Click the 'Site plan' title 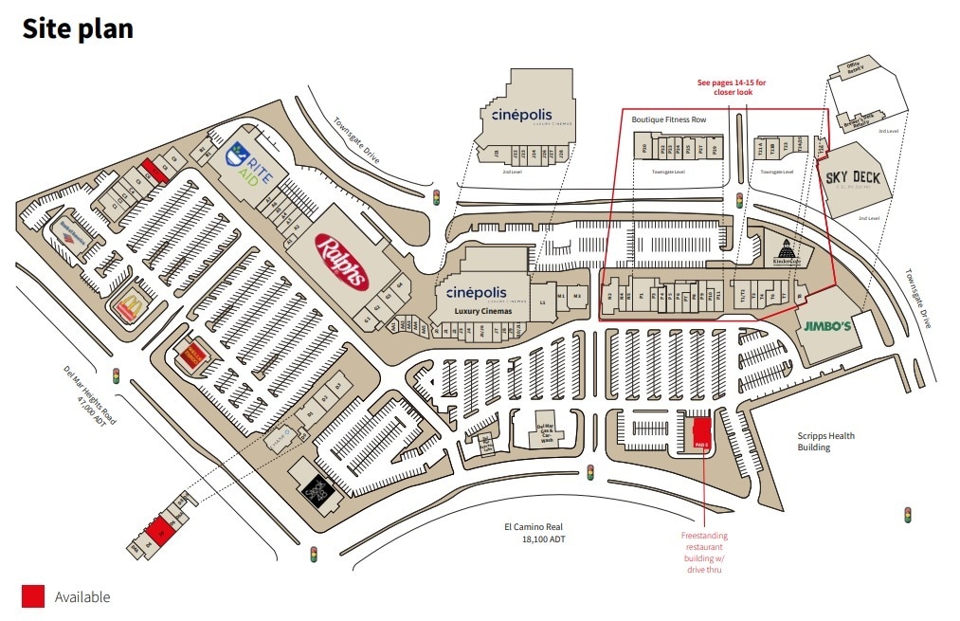coord(78,28)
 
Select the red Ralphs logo coord(341,262)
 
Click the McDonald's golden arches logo coord(129,306)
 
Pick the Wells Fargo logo coord(192,356)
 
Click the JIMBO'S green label coord(827,326)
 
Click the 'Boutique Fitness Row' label coord(669,119)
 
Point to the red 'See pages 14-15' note coord(732,88)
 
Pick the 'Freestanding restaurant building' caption coord(704,553)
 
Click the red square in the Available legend coord(33,596)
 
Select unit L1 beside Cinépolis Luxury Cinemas coord(543,301)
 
